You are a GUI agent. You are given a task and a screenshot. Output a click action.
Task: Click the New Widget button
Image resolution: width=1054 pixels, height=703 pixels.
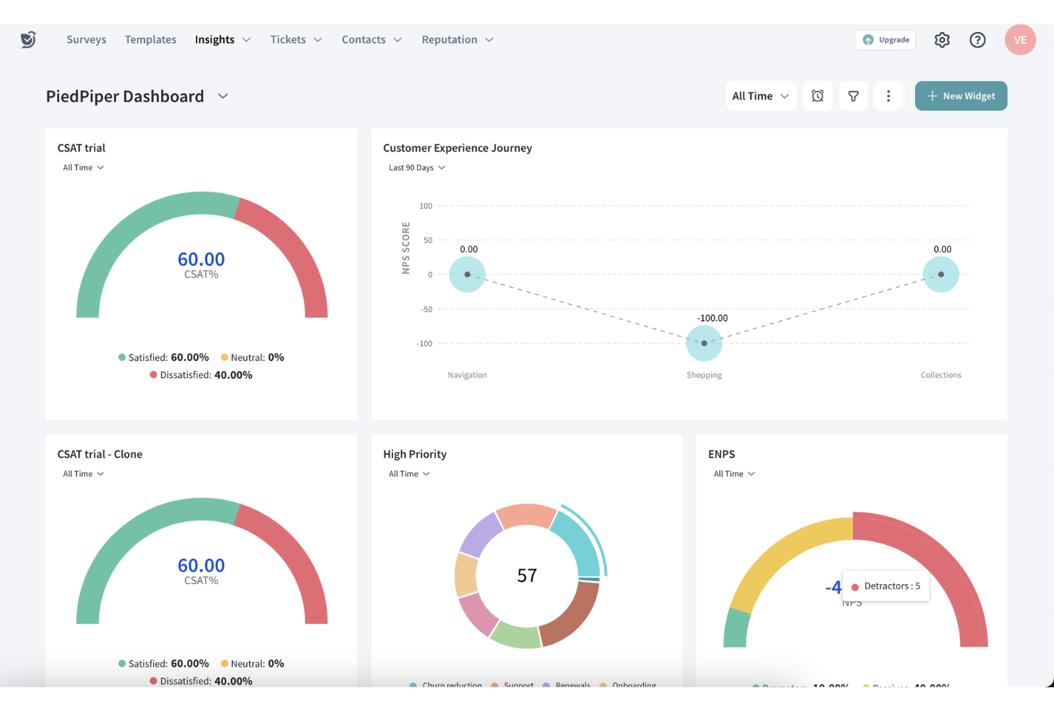pos(960,96)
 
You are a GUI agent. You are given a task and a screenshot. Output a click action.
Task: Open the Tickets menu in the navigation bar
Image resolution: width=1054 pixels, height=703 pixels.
pos(296,40)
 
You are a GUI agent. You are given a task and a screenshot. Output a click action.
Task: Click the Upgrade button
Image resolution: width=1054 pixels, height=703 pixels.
pos(885,40)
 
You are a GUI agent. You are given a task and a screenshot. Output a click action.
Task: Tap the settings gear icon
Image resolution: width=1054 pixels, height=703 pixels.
pos(941,40)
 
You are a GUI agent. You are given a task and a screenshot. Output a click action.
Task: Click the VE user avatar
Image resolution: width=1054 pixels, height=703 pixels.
pos(1019,40)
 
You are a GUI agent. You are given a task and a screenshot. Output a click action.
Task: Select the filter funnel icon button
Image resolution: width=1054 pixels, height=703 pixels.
pos(852,96)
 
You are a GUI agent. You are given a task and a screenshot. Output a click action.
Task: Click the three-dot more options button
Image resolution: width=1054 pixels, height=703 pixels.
pos(887,96)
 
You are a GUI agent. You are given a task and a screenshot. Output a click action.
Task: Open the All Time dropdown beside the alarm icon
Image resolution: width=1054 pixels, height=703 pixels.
pos(760,96)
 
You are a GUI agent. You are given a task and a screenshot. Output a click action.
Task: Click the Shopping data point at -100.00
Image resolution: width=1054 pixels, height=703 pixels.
pos(704,343)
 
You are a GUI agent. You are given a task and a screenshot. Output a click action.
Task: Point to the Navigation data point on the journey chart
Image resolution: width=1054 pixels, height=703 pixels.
pos(467,274)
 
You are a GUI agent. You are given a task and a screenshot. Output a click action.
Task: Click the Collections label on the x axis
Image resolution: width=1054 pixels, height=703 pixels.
pos(940,375)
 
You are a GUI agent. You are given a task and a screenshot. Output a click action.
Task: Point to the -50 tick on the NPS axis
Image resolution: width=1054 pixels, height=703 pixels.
pos(426,309)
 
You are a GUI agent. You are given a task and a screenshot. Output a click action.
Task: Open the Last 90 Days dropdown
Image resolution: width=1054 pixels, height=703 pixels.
pos(417,168)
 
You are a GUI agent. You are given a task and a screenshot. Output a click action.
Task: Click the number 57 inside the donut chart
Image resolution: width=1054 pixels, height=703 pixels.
pos(526,576)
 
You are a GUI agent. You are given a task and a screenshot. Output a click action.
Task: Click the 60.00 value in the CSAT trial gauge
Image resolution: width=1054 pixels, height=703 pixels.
pos(201,259)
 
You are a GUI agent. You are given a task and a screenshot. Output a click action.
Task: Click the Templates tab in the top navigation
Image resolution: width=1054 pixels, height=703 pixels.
pos(150,40)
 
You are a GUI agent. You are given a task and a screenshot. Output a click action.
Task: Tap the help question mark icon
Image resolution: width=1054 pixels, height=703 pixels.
pos(977,40)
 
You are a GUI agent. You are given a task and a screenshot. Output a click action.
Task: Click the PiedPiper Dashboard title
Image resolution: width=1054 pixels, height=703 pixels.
pos(125,96)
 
